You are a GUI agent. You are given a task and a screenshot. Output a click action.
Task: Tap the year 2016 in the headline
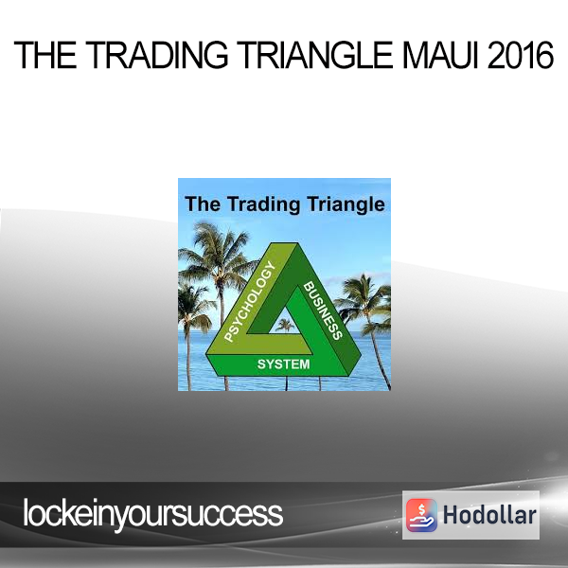click(520, 55)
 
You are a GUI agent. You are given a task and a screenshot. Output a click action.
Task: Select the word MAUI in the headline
click(440, 55)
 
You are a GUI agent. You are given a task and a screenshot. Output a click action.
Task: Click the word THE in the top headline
click(45, 55)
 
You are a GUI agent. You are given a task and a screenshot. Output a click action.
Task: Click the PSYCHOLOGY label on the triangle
click(250, 301)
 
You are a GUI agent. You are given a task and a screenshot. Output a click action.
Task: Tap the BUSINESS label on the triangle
click(323, 311)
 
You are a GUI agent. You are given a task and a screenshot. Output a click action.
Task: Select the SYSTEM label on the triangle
click(283, 364)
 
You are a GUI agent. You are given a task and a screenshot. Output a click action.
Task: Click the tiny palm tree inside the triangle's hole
click(285, 326)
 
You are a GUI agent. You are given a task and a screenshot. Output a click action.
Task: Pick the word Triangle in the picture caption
click(346, 204)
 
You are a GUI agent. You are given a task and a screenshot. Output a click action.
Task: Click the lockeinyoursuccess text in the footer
click(152, 514)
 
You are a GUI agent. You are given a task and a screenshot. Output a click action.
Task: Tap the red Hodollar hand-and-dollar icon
click(421, 515)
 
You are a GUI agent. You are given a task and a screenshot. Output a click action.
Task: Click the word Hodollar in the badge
click(489, 515)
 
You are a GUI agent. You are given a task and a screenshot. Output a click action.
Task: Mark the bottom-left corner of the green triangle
click(206, 356)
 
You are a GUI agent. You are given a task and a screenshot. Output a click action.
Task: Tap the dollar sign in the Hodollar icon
click(421, 509)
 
